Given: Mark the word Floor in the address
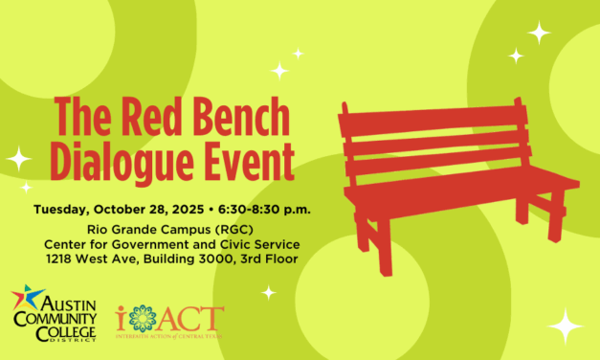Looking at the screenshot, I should [x=279, y=258].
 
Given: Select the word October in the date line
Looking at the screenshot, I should [x=133, y=209].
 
